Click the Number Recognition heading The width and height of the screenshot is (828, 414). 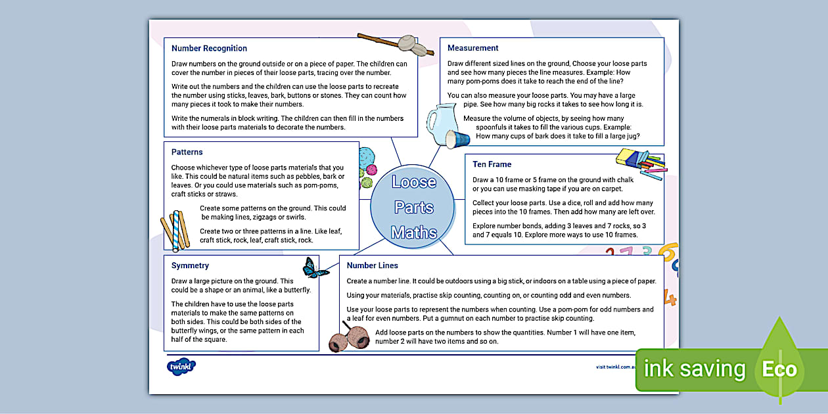pos(209,48)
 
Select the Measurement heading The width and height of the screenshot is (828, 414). pos(472,48)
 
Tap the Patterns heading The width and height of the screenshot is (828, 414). pos(187,152)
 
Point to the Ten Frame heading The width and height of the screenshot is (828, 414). pos(492,164)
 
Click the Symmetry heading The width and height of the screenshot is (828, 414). pos(190,265)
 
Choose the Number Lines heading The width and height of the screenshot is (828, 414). pos(372,265)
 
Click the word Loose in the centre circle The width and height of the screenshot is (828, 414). pos(413,182)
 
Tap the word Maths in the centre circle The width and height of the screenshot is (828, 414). pos(413,232)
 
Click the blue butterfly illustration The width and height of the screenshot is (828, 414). pos(315,267)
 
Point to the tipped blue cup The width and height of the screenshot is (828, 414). pos(457,139)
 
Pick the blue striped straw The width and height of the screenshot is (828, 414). pos(175,231)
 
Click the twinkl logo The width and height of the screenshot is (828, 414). pos(181,367)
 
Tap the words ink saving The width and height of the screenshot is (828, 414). pos(694,369)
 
